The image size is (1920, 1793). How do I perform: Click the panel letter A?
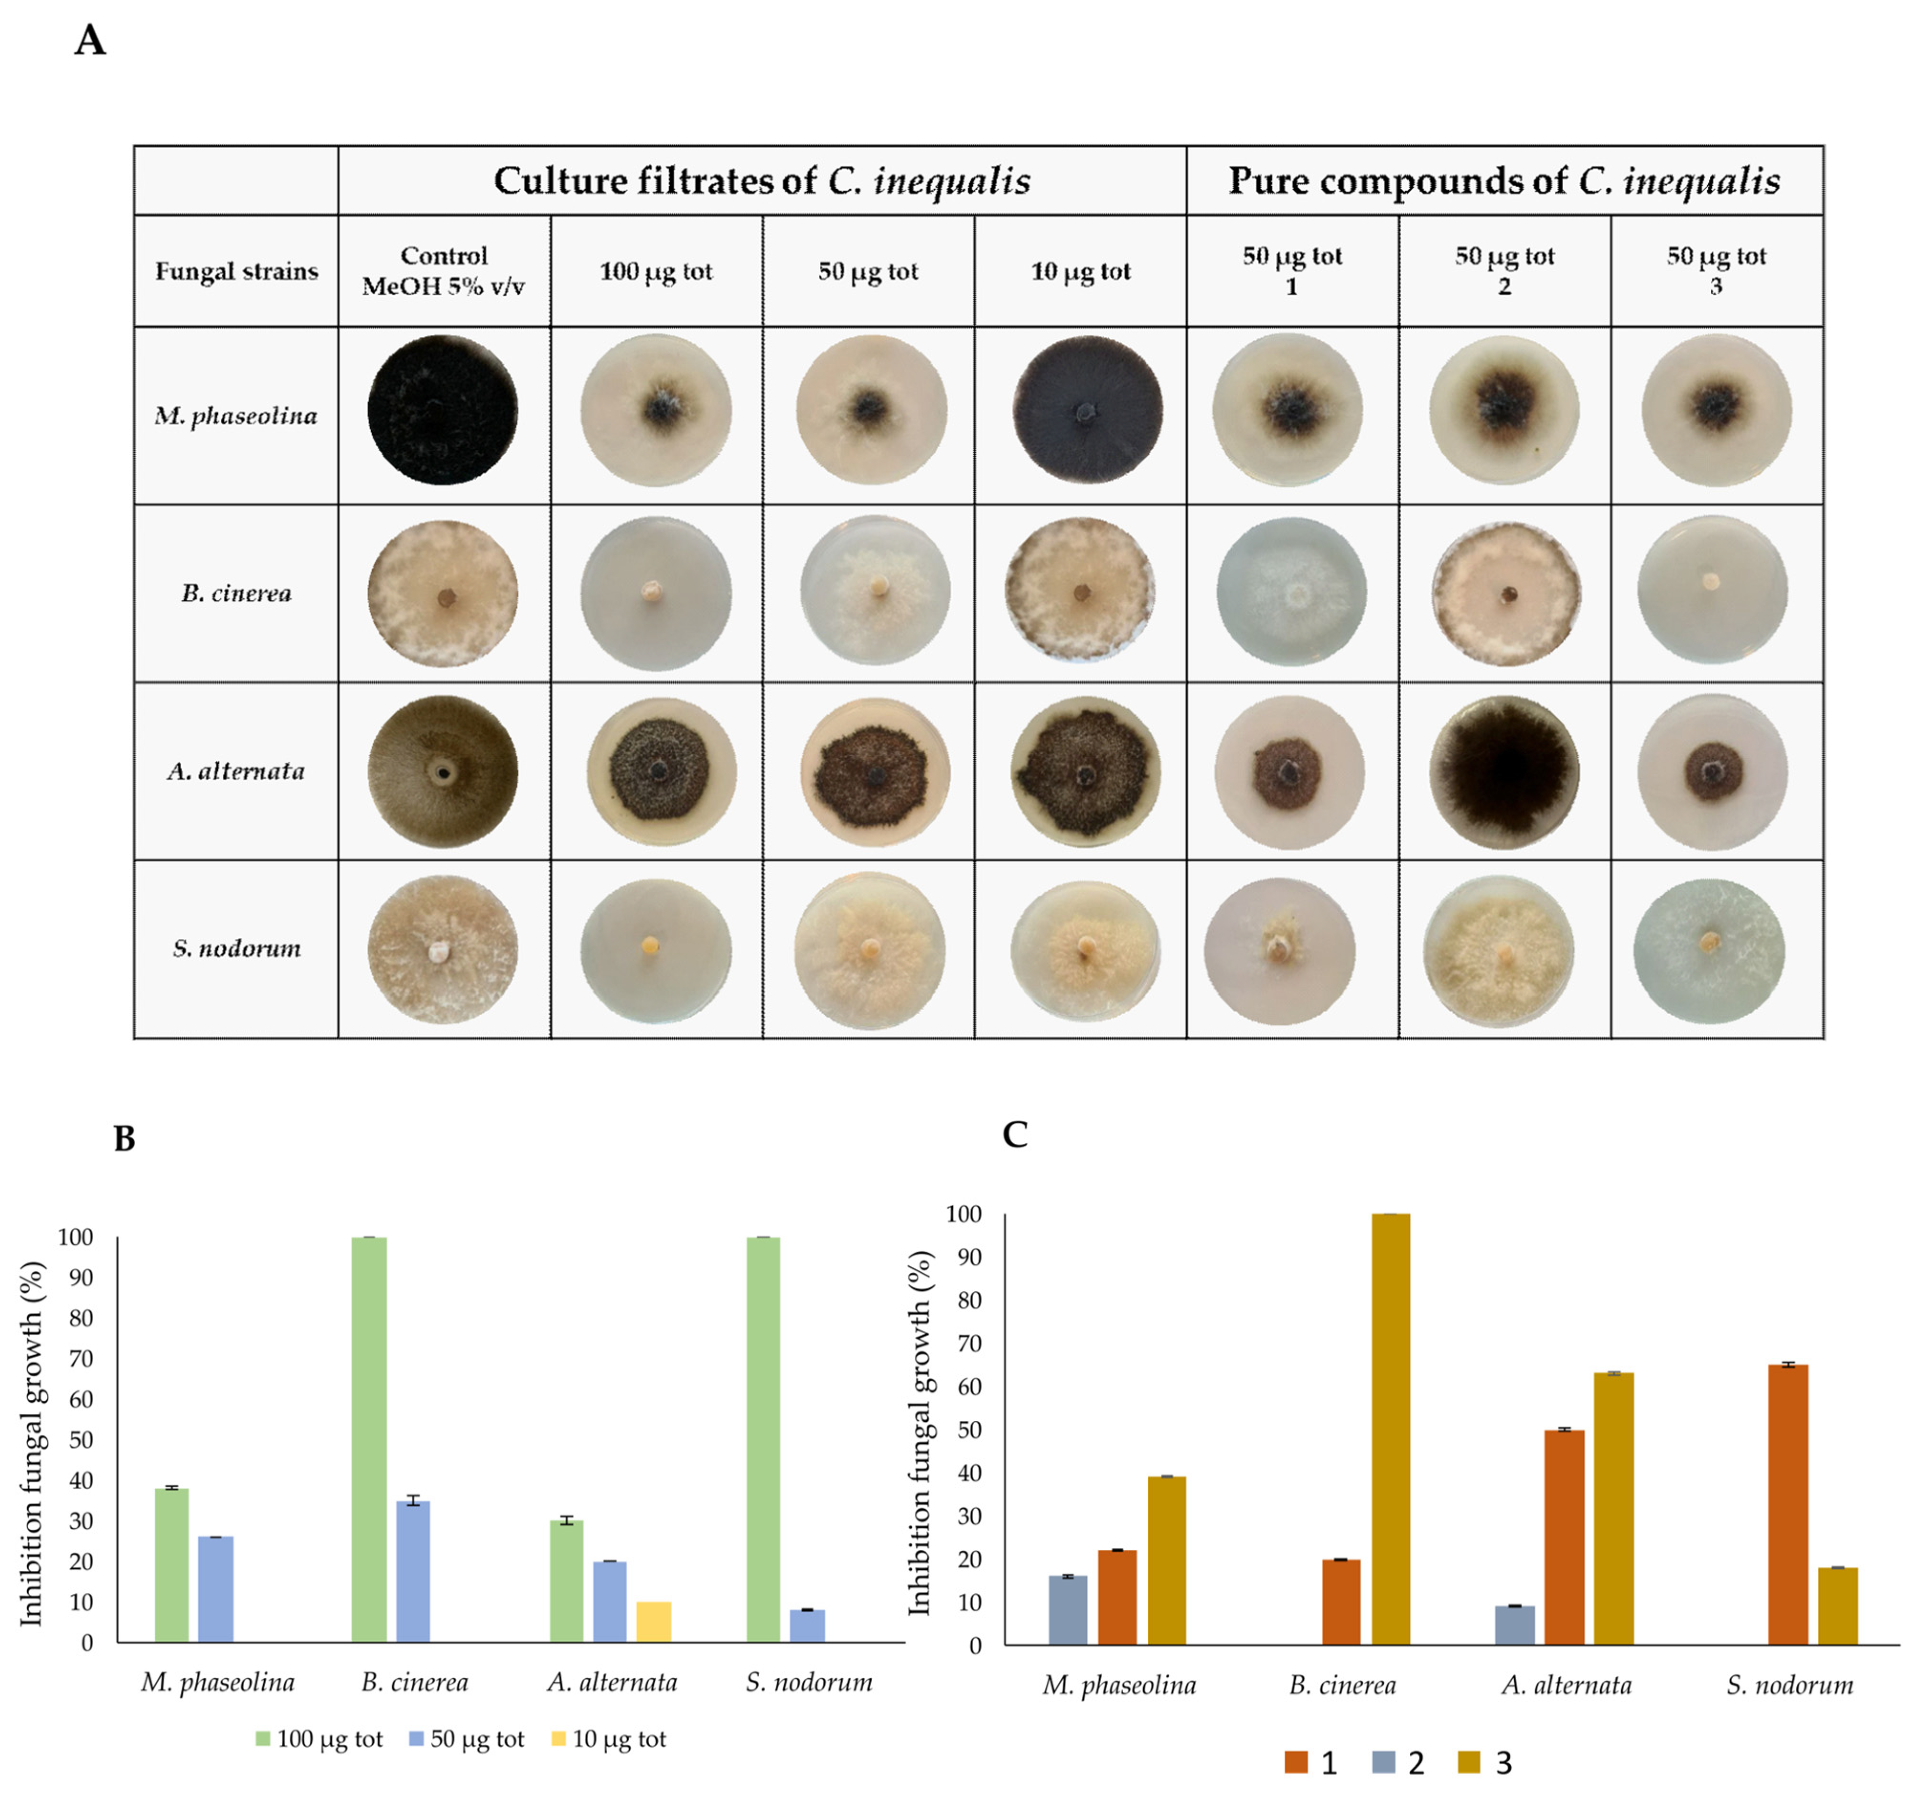click(90, 42)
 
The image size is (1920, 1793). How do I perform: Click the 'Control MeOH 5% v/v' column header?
click(443, 270)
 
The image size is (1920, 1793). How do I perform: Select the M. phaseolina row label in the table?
click(236, 415)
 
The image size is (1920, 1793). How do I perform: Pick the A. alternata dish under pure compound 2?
click(1504, 772)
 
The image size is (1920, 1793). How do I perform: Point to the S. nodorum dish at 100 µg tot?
click(656, 950)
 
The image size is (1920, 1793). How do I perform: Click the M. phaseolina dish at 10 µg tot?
click(1087, 409)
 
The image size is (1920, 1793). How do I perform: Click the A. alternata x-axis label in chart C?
click(1566, 1686)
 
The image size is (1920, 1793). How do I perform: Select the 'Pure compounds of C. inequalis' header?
click(1504, 181)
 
